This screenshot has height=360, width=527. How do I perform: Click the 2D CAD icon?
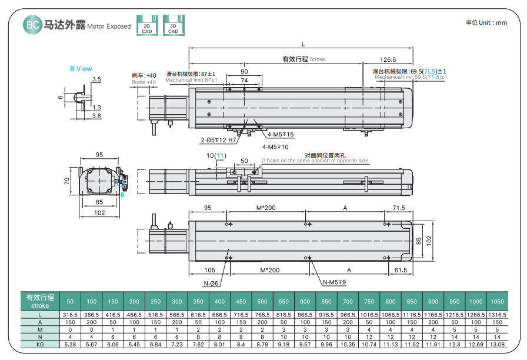tap(147, 25)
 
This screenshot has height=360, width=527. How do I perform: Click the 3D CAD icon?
tap(174, 25)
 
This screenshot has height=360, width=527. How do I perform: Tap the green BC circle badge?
tap(32, 25)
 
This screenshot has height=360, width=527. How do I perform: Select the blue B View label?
tap(81, 69)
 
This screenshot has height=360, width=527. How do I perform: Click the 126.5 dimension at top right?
tap(388, 59)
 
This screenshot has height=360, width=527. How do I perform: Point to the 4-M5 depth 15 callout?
tap(281, 135)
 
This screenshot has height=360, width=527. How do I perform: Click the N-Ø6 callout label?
tap(211, 284)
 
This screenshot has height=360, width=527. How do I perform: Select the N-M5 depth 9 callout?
tap(335, 282)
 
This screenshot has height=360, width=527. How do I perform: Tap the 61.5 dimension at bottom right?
tap(401, 270)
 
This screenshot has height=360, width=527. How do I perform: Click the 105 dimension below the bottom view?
tap(210, 270)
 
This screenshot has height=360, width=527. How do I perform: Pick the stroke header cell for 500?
tap(262, 302)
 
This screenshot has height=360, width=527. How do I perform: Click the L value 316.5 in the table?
tap(70, 315)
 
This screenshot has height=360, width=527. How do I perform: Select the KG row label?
tap(40, 345)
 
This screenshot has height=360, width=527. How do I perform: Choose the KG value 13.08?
tap(497, 345)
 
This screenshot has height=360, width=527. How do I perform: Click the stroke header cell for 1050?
tap(497, 302)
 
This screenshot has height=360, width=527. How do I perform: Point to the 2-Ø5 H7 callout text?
tap(218, 140)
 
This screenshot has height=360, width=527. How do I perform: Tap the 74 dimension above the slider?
tap(244, 81)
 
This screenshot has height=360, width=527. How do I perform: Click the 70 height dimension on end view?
tap(67, 181)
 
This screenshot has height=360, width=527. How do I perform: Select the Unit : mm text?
tap(486, 23)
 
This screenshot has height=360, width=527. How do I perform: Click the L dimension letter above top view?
tap(303, 44)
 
